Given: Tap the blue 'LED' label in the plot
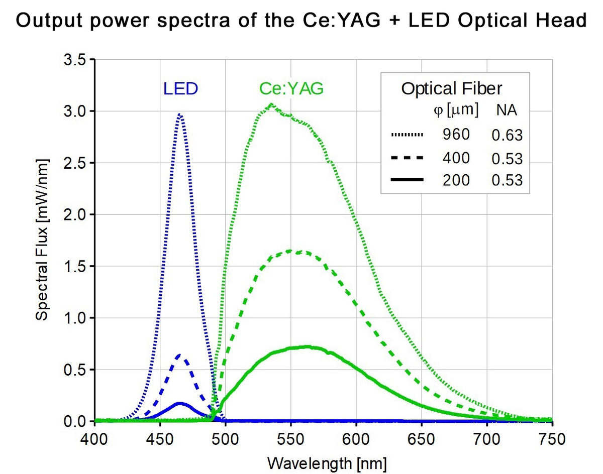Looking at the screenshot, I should click(x=180, y=89).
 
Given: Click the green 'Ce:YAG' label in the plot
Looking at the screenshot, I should click(x=291, y=89).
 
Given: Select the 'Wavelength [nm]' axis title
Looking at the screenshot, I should click(x=324, y=462).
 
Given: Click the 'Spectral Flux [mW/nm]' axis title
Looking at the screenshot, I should click(x=42, y=240).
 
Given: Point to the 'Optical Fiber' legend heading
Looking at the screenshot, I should click(x=451, y=89).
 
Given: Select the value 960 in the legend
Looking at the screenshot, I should click(x=456, y=135).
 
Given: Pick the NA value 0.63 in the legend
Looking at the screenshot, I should click(x=507, y=135).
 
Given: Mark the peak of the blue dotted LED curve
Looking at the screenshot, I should click(x=179, y=114).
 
